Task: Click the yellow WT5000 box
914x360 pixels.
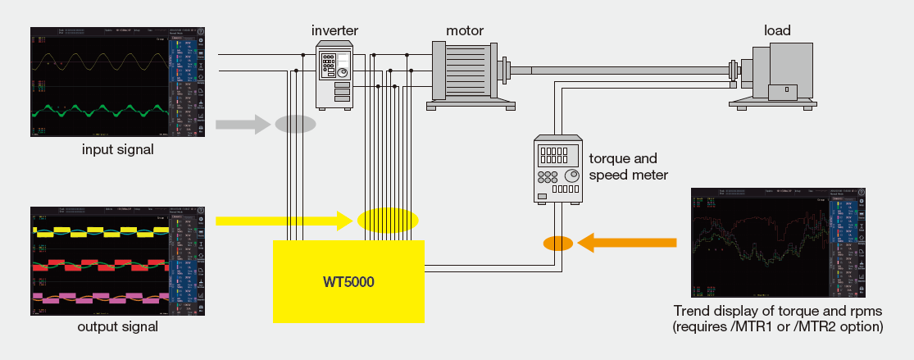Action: coord(348,282)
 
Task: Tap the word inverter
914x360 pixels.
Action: coord(335,30)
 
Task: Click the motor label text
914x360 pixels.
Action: coord(465,30)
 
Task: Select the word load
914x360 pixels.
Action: coord(777,30)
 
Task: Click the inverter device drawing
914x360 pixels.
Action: coord(334,75)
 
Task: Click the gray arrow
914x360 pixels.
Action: coord(243,125)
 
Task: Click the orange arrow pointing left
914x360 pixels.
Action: coord(628,242)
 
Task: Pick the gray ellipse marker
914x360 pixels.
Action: coord(295,125)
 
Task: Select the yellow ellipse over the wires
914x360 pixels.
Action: coord(388,221)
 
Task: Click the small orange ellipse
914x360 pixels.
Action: coord(558,243)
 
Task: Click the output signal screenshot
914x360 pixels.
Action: coord(118,260)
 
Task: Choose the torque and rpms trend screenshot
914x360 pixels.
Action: coord(777,243)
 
